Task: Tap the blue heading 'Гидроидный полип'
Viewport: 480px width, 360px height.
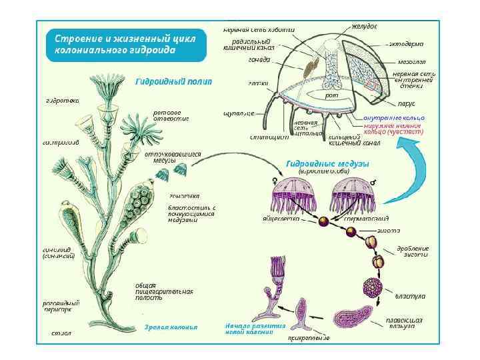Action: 173,82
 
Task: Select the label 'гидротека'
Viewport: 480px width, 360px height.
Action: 62,101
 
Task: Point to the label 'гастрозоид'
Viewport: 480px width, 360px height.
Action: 61,142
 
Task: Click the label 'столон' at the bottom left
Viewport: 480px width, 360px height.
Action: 61,332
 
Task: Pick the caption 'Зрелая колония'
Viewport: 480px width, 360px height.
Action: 171,327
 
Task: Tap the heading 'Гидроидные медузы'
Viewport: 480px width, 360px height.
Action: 327,163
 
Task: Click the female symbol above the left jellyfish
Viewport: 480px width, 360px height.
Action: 275,181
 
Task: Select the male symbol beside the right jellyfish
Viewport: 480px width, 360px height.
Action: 373,181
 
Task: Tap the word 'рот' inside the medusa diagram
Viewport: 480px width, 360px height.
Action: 331,96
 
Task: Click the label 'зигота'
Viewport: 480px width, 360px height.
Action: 389,230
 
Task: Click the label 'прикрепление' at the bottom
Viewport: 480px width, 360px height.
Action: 308,338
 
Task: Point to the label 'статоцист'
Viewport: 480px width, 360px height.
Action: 269,137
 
